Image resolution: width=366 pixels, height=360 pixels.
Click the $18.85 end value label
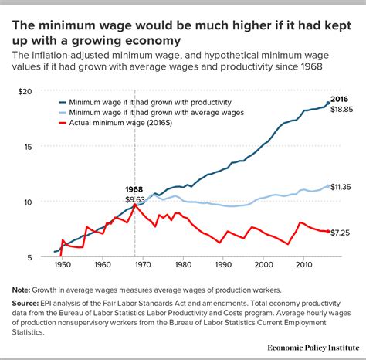[x=342, y=110]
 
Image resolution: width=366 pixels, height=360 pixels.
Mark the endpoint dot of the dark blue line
[x=327, y=103]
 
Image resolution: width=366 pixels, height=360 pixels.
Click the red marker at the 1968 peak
[x=136, y=205]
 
